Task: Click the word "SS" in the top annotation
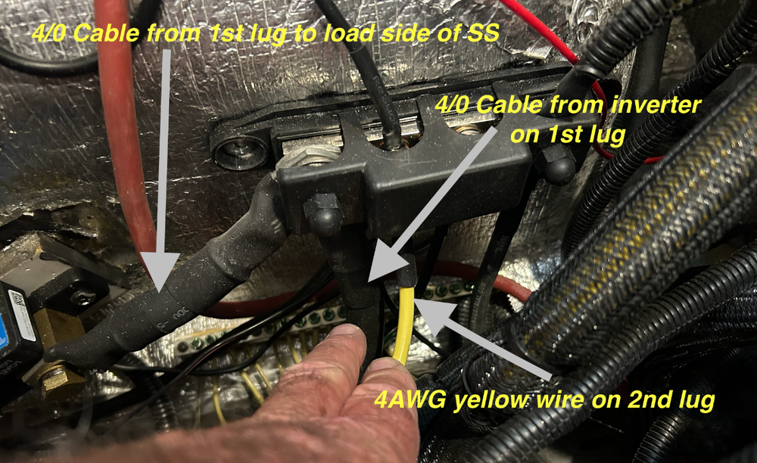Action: tap(483, 33)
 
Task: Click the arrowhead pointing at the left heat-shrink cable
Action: tap(160, 275)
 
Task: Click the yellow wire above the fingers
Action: tap(404, 322)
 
